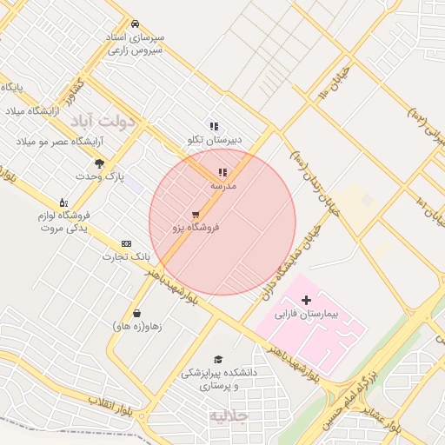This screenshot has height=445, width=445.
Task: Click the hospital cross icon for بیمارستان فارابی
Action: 306,300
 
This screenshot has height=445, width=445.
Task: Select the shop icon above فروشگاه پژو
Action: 196,214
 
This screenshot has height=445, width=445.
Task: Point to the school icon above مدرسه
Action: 222,173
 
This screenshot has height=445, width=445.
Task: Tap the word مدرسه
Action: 223,186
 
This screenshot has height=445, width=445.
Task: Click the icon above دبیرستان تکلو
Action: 214,127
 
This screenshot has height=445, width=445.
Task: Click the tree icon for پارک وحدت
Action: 99,163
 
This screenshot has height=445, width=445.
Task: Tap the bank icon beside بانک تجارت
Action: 127,244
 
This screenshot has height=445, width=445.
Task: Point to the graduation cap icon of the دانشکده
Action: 218,359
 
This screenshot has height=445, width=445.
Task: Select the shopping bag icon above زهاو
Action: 136,313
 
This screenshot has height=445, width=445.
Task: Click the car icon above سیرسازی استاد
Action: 135,24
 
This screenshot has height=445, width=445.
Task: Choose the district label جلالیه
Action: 229,416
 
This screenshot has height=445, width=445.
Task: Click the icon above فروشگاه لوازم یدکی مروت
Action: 63,203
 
